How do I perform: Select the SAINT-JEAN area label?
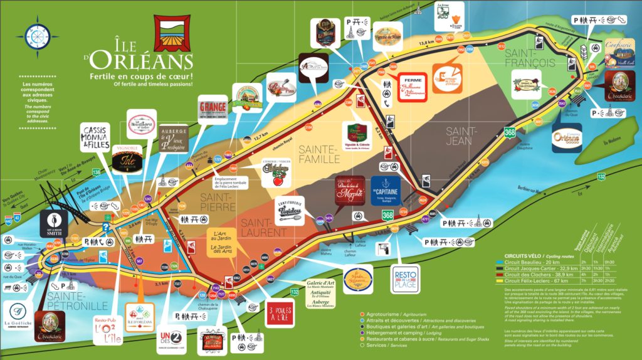[x=461, y=136]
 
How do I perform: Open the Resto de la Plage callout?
[x=405, y=278]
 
